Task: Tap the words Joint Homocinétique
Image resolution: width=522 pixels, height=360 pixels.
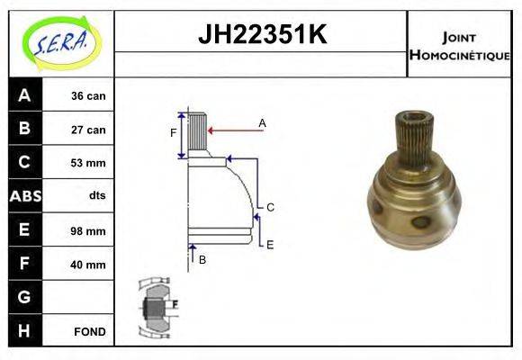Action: pyautogui.click(x=460, y=46)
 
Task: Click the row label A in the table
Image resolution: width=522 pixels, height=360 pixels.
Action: pyautogui.click(x=24, y=95)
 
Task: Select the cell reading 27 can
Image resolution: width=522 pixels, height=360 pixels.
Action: pyautogui.click(x=88, y=130)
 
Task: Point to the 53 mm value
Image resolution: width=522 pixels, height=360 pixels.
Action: pyautogui.click(x=88, y=163)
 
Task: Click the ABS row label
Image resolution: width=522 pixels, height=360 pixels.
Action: pyautogui.click(x=24, y=196)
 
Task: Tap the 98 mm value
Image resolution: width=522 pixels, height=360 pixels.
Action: pyautogui.click(x=88, y=230)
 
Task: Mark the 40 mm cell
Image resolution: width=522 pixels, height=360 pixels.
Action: pyautogui.click(x=88, y=265)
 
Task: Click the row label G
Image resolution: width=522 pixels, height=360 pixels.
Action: pyautogui.click(x=24, y=296)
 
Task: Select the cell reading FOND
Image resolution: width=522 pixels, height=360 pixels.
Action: pyautogui.click(x=90, y=331)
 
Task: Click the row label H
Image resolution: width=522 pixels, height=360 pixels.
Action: pyautogui.click(x=24, y=330)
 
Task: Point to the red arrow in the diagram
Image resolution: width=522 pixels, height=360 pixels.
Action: pyautogui.click(x=236, y=131)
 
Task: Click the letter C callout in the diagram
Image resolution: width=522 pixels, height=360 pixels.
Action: pyautogui.click(x=270, y=207)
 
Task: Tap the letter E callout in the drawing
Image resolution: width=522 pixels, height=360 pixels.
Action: pyautogui.click(x=270, y=243)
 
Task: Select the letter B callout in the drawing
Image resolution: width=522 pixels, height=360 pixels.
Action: pyautogui.click(x=202, y=259)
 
